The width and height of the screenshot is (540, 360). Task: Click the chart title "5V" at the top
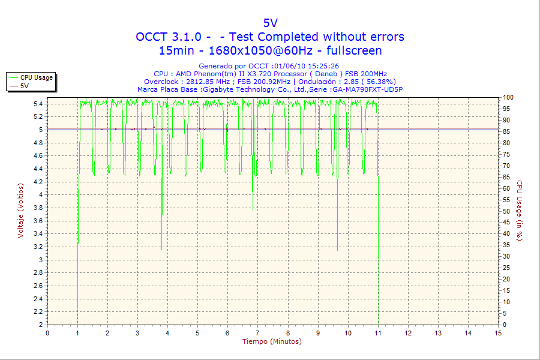(x=271, y=23)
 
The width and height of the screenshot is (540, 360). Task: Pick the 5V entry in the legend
(x=25, y=86)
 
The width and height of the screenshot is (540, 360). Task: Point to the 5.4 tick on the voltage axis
(x=38, y=104)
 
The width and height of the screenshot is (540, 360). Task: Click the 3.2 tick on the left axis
(x=38, y=247)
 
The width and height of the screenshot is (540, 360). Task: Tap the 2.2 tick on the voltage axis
(x=38, y=312)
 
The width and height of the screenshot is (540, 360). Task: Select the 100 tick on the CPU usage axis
(x=508, y=97)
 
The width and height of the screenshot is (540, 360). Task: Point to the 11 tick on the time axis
(x=378, y=333)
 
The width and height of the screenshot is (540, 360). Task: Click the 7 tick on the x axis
(x=257, y=333)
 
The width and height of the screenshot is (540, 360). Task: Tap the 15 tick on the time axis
(x=498, y=333)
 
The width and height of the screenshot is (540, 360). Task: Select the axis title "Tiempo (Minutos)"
(x=272, y=342)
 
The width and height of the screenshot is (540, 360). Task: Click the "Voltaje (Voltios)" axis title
(x=21, y=211)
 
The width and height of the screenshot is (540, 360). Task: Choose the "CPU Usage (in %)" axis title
(x=520, y=211)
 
